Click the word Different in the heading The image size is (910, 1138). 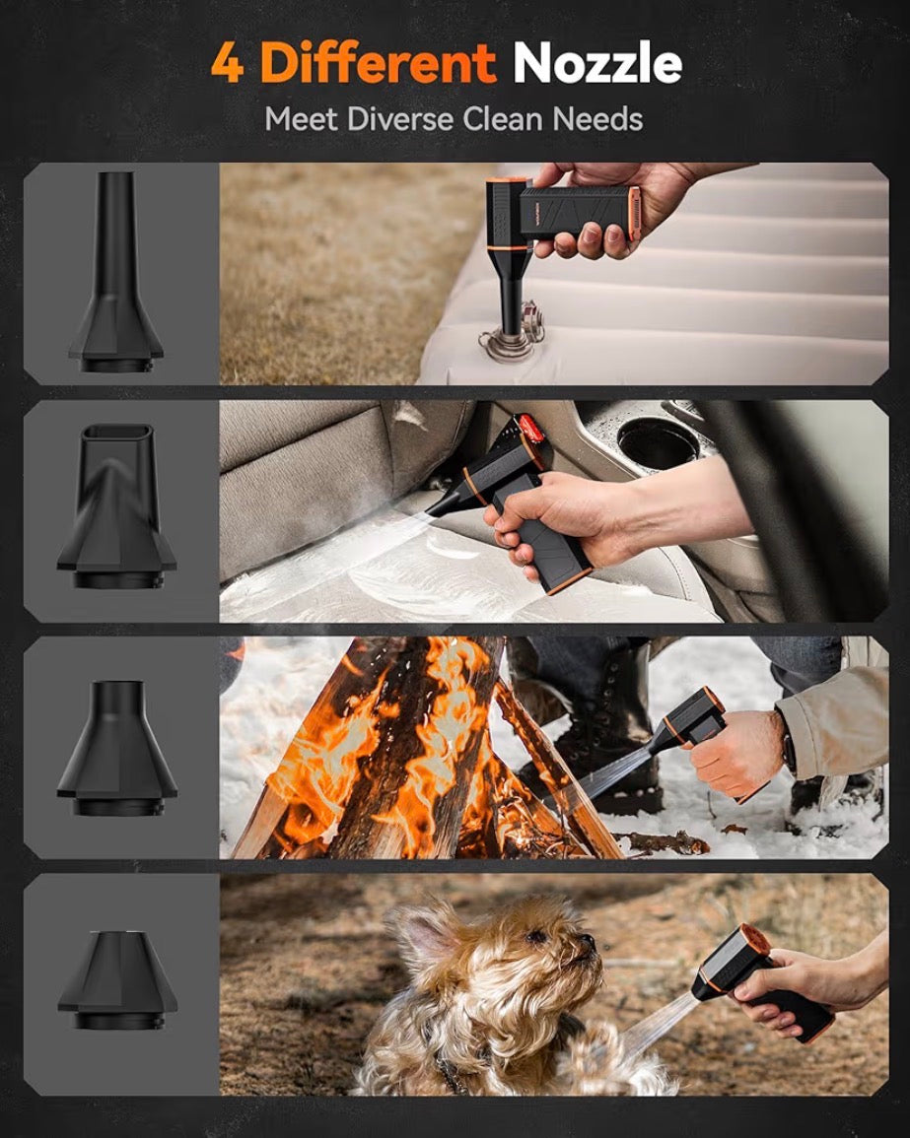click(x=378, y=63)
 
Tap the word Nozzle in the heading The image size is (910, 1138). click(x=597, y=63)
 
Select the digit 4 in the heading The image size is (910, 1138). click(x=228, y=64)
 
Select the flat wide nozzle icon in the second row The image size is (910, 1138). click(x=117, y=505)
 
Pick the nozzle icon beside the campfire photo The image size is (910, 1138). click(x=117, y=748)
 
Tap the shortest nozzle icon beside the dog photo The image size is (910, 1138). click(x=117, y=979)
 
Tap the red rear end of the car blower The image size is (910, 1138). click(x=529, y=429)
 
